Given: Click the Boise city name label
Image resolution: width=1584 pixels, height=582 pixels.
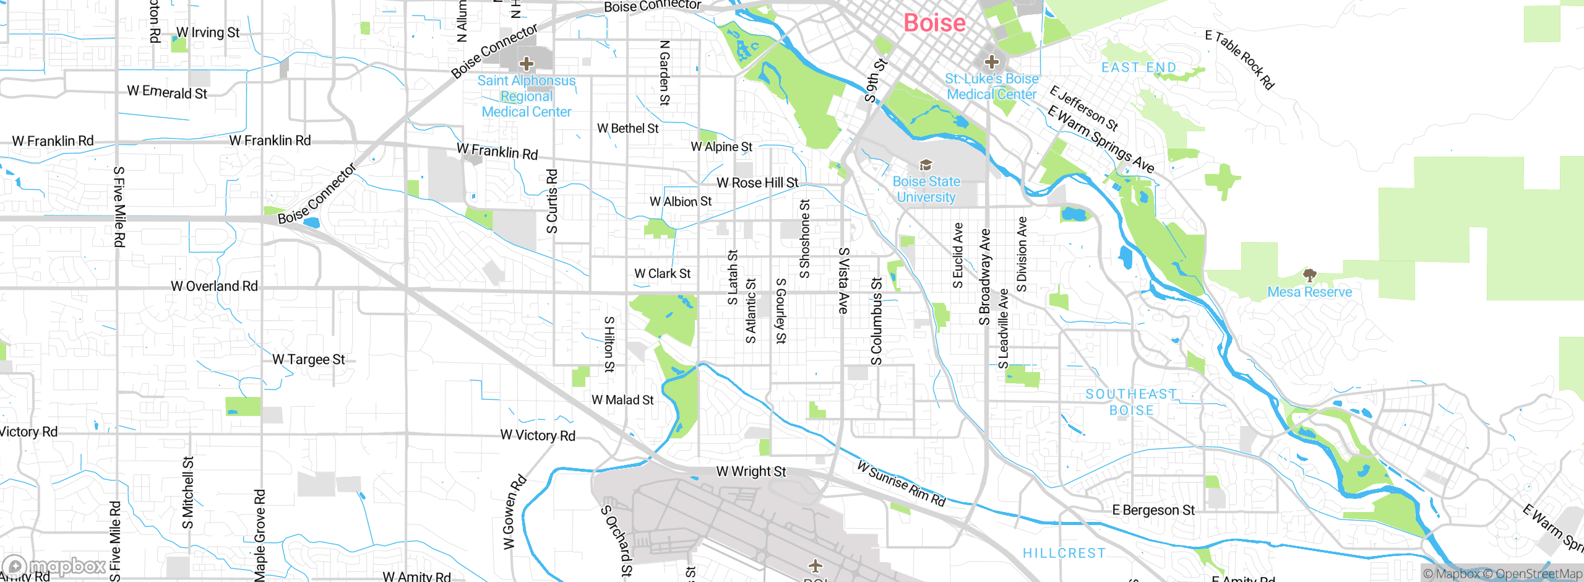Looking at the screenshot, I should [x=934, y=23].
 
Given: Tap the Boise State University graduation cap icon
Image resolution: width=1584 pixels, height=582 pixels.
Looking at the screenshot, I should [x=926, y=165].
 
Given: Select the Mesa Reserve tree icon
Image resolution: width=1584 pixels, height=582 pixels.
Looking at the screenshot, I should [x=1309, y=274].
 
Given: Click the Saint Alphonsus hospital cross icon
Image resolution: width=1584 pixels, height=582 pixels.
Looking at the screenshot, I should [x=527, y=63].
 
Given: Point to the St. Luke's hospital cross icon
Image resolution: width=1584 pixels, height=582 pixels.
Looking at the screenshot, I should [x=992, y=61].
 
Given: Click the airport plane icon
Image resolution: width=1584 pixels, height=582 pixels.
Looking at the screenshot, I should [x=816, y=565].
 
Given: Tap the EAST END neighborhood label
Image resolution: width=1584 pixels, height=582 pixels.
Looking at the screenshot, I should [x=1138, y=67].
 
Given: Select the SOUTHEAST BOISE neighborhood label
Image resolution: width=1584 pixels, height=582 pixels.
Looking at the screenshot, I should [x=1131, y=402].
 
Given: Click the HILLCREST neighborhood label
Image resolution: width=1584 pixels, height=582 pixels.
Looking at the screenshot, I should [x=1064, y=553].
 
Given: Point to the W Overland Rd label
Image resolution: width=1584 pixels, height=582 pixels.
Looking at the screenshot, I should [x=214, y=286].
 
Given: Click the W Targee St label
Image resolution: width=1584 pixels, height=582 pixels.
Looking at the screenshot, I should [x=308, y=360].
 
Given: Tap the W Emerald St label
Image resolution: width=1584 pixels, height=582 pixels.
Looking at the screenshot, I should [x=167, y=92].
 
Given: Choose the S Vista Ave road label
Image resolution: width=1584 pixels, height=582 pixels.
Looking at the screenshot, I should [x=843, y=280].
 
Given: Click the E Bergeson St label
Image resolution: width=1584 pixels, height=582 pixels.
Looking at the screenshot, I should [x=1153, y=510].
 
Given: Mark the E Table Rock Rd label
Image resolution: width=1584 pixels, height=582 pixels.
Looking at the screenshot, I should [x=1240, y=60].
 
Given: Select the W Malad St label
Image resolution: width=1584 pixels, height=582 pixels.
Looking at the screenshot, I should [x=622, y=400].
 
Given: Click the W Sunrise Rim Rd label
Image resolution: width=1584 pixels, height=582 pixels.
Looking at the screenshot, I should [x=901, y=484].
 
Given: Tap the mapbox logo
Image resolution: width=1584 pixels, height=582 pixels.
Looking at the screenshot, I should [x=54, y=566].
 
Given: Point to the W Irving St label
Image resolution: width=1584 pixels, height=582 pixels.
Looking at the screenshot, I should [x=208, y=32].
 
